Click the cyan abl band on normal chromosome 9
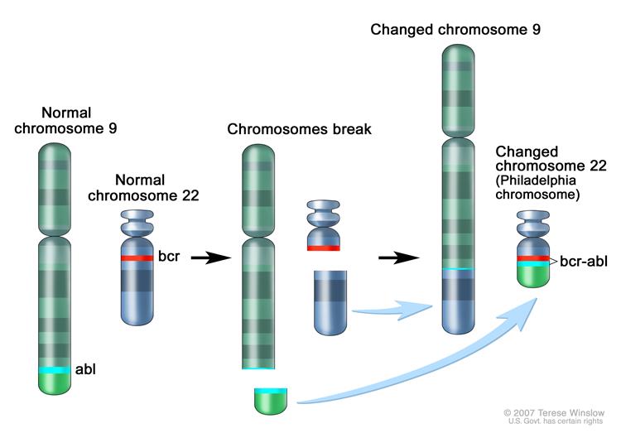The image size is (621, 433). pyautogui.click(x=56, y=368)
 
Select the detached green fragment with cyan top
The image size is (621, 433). pyautogui.click(x=270, y=400)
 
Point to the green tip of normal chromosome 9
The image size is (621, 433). pyautogui.click(x=56, y=382)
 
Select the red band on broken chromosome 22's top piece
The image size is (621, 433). pyautogui.click(x=324, y=247)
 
